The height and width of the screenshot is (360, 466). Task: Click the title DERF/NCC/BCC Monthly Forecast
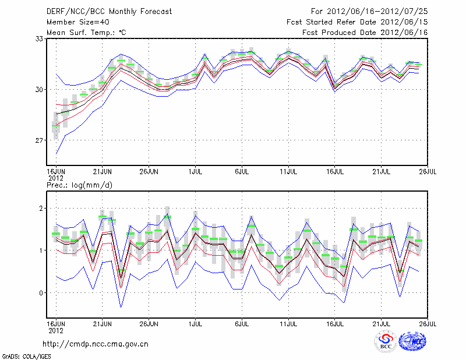click(x=101, y=11)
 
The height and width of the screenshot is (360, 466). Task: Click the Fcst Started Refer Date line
click(x=357, y=22)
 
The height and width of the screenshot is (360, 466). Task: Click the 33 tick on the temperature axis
click(x=40, y=38)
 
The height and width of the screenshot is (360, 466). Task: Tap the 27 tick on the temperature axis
click(x=40, y=140)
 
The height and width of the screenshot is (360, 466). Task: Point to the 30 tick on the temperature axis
click(x=40, y=89)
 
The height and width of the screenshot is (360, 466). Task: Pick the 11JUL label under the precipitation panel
click(x=289, y=322)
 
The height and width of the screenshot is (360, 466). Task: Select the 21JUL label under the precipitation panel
click(x=382, y=322)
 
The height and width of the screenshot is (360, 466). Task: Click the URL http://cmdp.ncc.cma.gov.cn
click(x=96, y=344)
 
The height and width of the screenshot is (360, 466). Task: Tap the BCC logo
click(x=386, y=341)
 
